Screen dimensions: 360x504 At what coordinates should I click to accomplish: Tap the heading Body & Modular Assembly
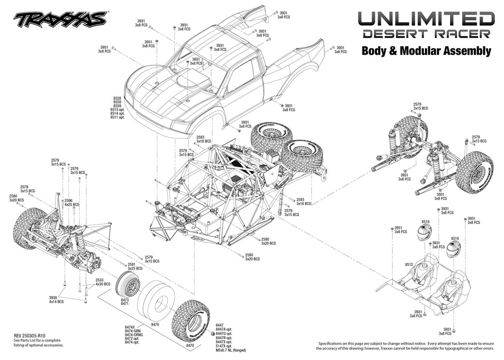point(426,51)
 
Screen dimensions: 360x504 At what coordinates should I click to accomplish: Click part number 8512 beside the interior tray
point(409,264)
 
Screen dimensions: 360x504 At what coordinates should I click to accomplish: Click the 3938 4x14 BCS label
point(57,300)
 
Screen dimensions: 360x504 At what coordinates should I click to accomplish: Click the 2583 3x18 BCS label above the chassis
point(204,139)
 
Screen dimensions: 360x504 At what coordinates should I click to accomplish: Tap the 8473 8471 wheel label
point(124,302)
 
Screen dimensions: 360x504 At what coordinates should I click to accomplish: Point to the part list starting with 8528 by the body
point(117,107)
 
